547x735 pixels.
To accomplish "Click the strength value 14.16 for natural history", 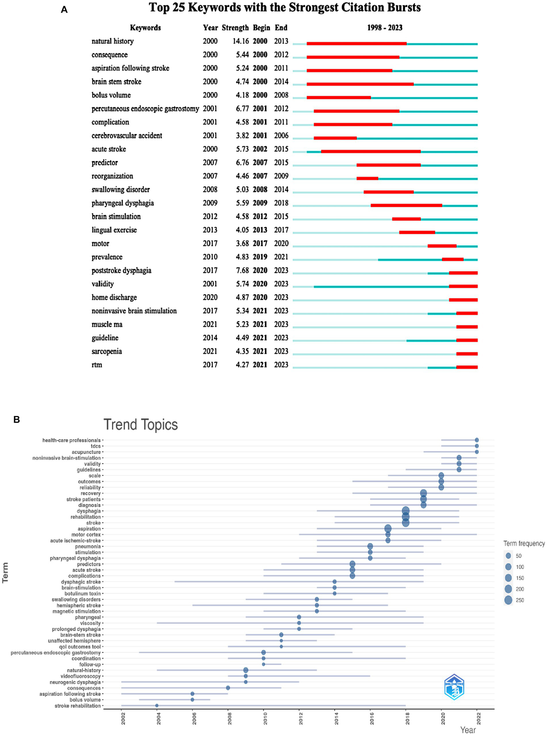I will (x=241, y=41).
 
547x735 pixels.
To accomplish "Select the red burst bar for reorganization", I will (x=367, y=178).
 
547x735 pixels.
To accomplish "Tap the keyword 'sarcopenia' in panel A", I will (x=107, y=351).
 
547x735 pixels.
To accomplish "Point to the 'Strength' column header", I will (x=235, y=28).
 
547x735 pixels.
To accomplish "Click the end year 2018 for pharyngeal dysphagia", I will (x=281, y=203).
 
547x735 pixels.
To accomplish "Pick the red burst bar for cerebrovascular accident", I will (x=335, y=138).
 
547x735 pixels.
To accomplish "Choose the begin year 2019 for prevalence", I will (x=260, y=257).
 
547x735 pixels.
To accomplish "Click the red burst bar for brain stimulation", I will (x=406, y=219).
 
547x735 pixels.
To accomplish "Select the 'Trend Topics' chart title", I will (x=140, y=425).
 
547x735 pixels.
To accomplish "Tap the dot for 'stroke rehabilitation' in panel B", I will (x=157, y=706).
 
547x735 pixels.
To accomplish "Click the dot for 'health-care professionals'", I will (x=477, y=440).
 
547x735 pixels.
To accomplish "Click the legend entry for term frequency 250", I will (x=508, y=600).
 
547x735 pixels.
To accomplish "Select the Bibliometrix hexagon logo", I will (x=454, y=687).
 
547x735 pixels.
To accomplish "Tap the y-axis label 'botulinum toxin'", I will (x=83, y=594).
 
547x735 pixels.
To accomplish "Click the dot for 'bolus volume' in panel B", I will (x=192, y=700).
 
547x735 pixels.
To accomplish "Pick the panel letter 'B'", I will (x=16, y=419).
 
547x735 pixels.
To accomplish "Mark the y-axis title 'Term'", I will (x=6, y=577).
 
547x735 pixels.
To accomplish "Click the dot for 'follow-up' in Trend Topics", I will (x=263, y=664).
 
